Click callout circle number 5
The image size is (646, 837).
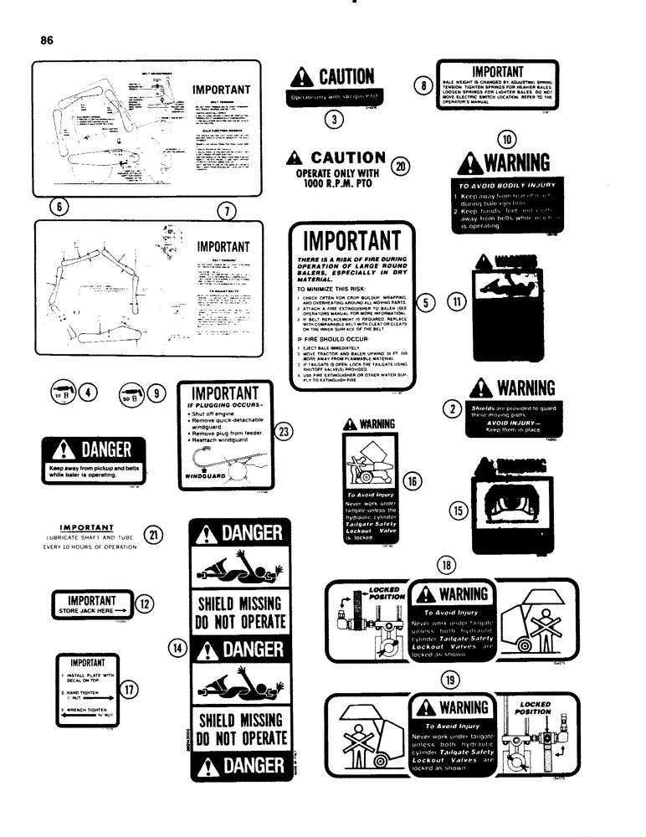426,303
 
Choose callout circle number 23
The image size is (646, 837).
285,432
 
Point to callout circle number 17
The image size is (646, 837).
130,690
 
